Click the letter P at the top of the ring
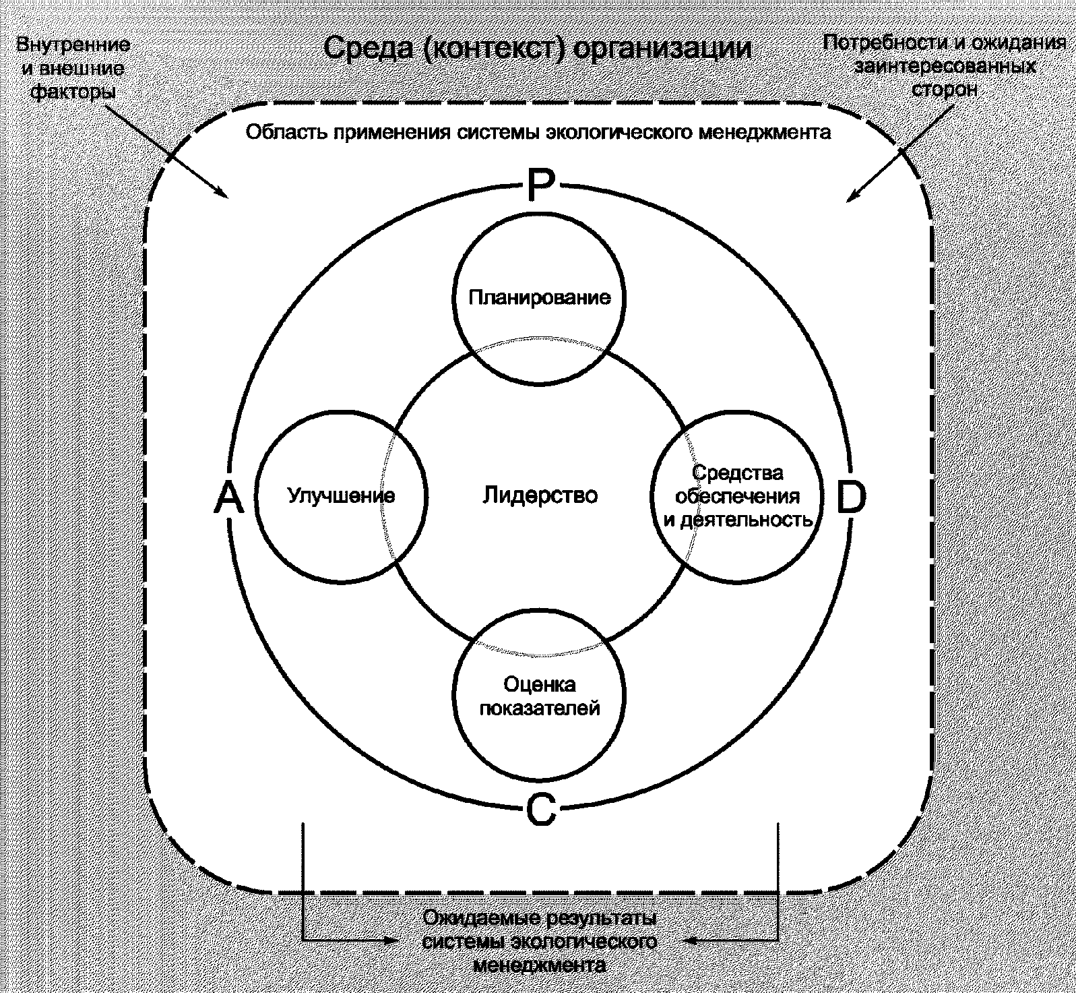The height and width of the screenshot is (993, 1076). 539,185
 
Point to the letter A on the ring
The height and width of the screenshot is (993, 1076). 228,500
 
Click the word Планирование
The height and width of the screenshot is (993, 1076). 540,297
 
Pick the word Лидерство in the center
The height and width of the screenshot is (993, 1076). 540,495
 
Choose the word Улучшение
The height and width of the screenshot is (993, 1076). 342,496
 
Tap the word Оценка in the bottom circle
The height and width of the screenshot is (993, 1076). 540,685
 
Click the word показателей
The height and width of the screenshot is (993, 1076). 540,709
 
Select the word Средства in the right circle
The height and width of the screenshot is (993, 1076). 738,473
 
